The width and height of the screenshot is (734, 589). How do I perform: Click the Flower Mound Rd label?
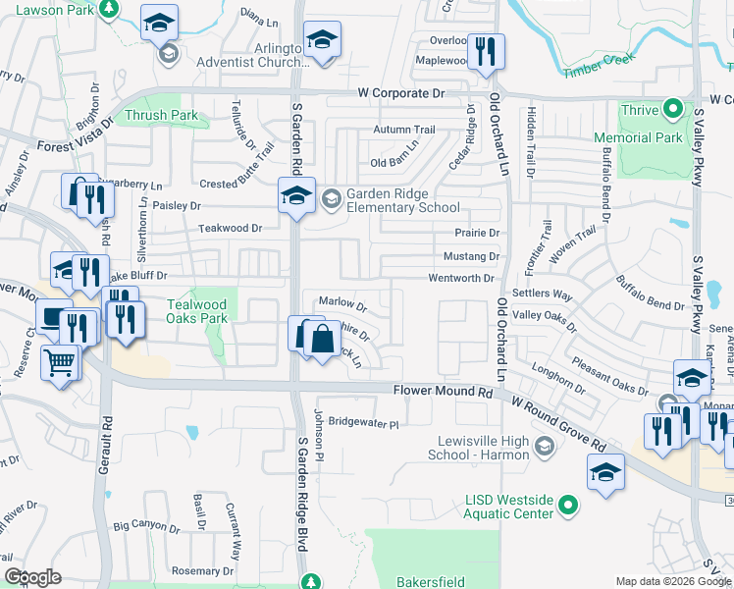(x=442, y=391)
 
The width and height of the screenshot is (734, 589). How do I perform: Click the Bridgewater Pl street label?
(x=364, y=424)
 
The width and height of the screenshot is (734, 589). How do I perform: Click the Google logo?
(x=32, y=577)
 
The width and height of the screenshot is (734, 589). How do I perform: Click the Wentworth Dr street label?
(x=461, y=279)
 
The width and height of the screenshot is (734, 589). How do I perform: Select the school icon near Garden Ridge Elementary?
(x=295, y=195)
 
